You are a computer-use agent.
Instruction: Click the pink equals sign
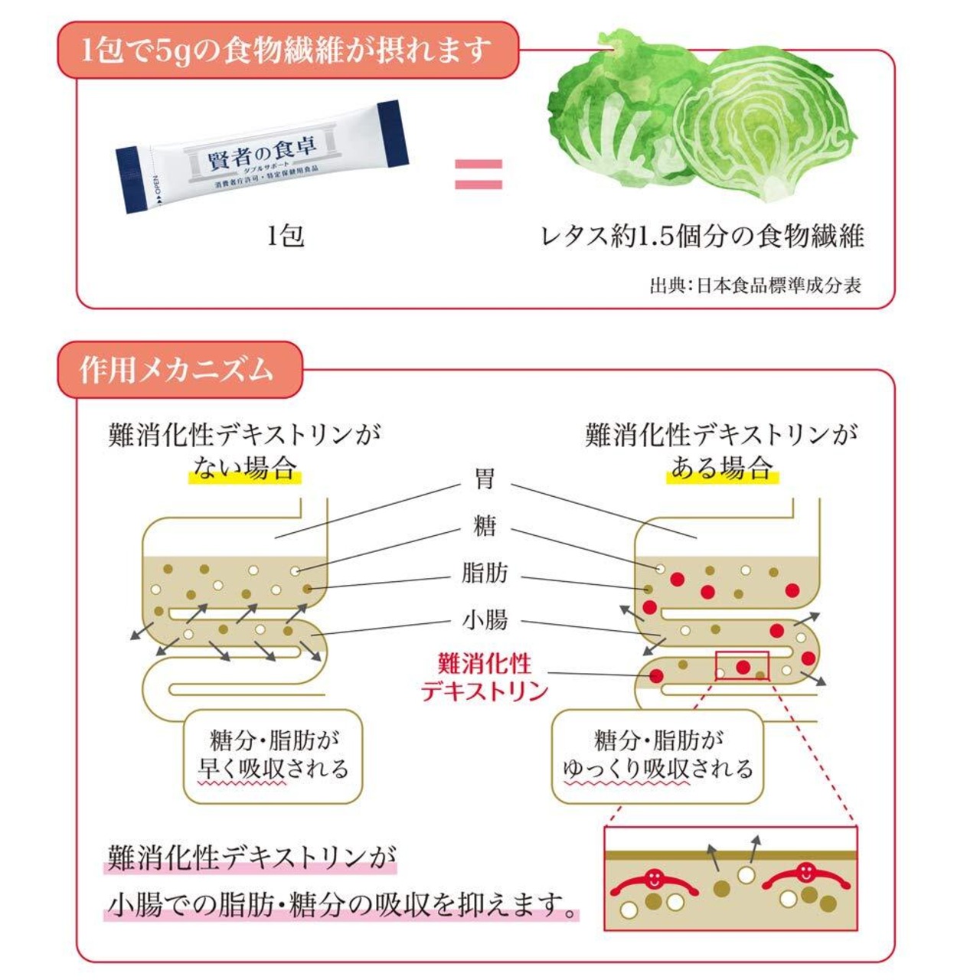pos(478,174)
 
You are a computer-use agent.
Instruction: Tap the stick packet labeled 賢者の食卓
pos(263,157)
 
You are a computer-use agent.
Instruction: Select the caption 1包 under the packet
pos(286,236)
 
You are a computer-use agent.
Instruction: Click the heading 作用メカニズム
pos(176,371)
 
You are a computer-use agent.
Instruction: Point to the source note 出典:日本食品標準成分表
pos(755,286)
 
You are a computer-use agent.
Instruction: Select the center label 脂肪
pos(485,573)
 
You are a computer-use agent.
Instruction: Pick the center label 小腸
pos(485,620)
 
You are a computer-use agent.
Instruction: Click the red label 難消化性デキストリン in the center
pos(485,678)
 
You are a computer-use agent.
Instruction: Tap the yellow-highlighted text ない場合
pos(245,467)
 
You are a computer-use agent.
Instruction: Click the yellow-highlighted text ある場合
pos(722,467)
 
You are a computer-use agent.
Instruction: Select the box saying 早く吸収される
pos(273,756)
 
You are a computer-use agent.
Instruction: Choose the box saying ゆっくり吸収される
pos(658,756)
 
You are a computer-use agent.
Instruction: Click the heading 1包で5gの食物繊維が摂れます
pos(286,51)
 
